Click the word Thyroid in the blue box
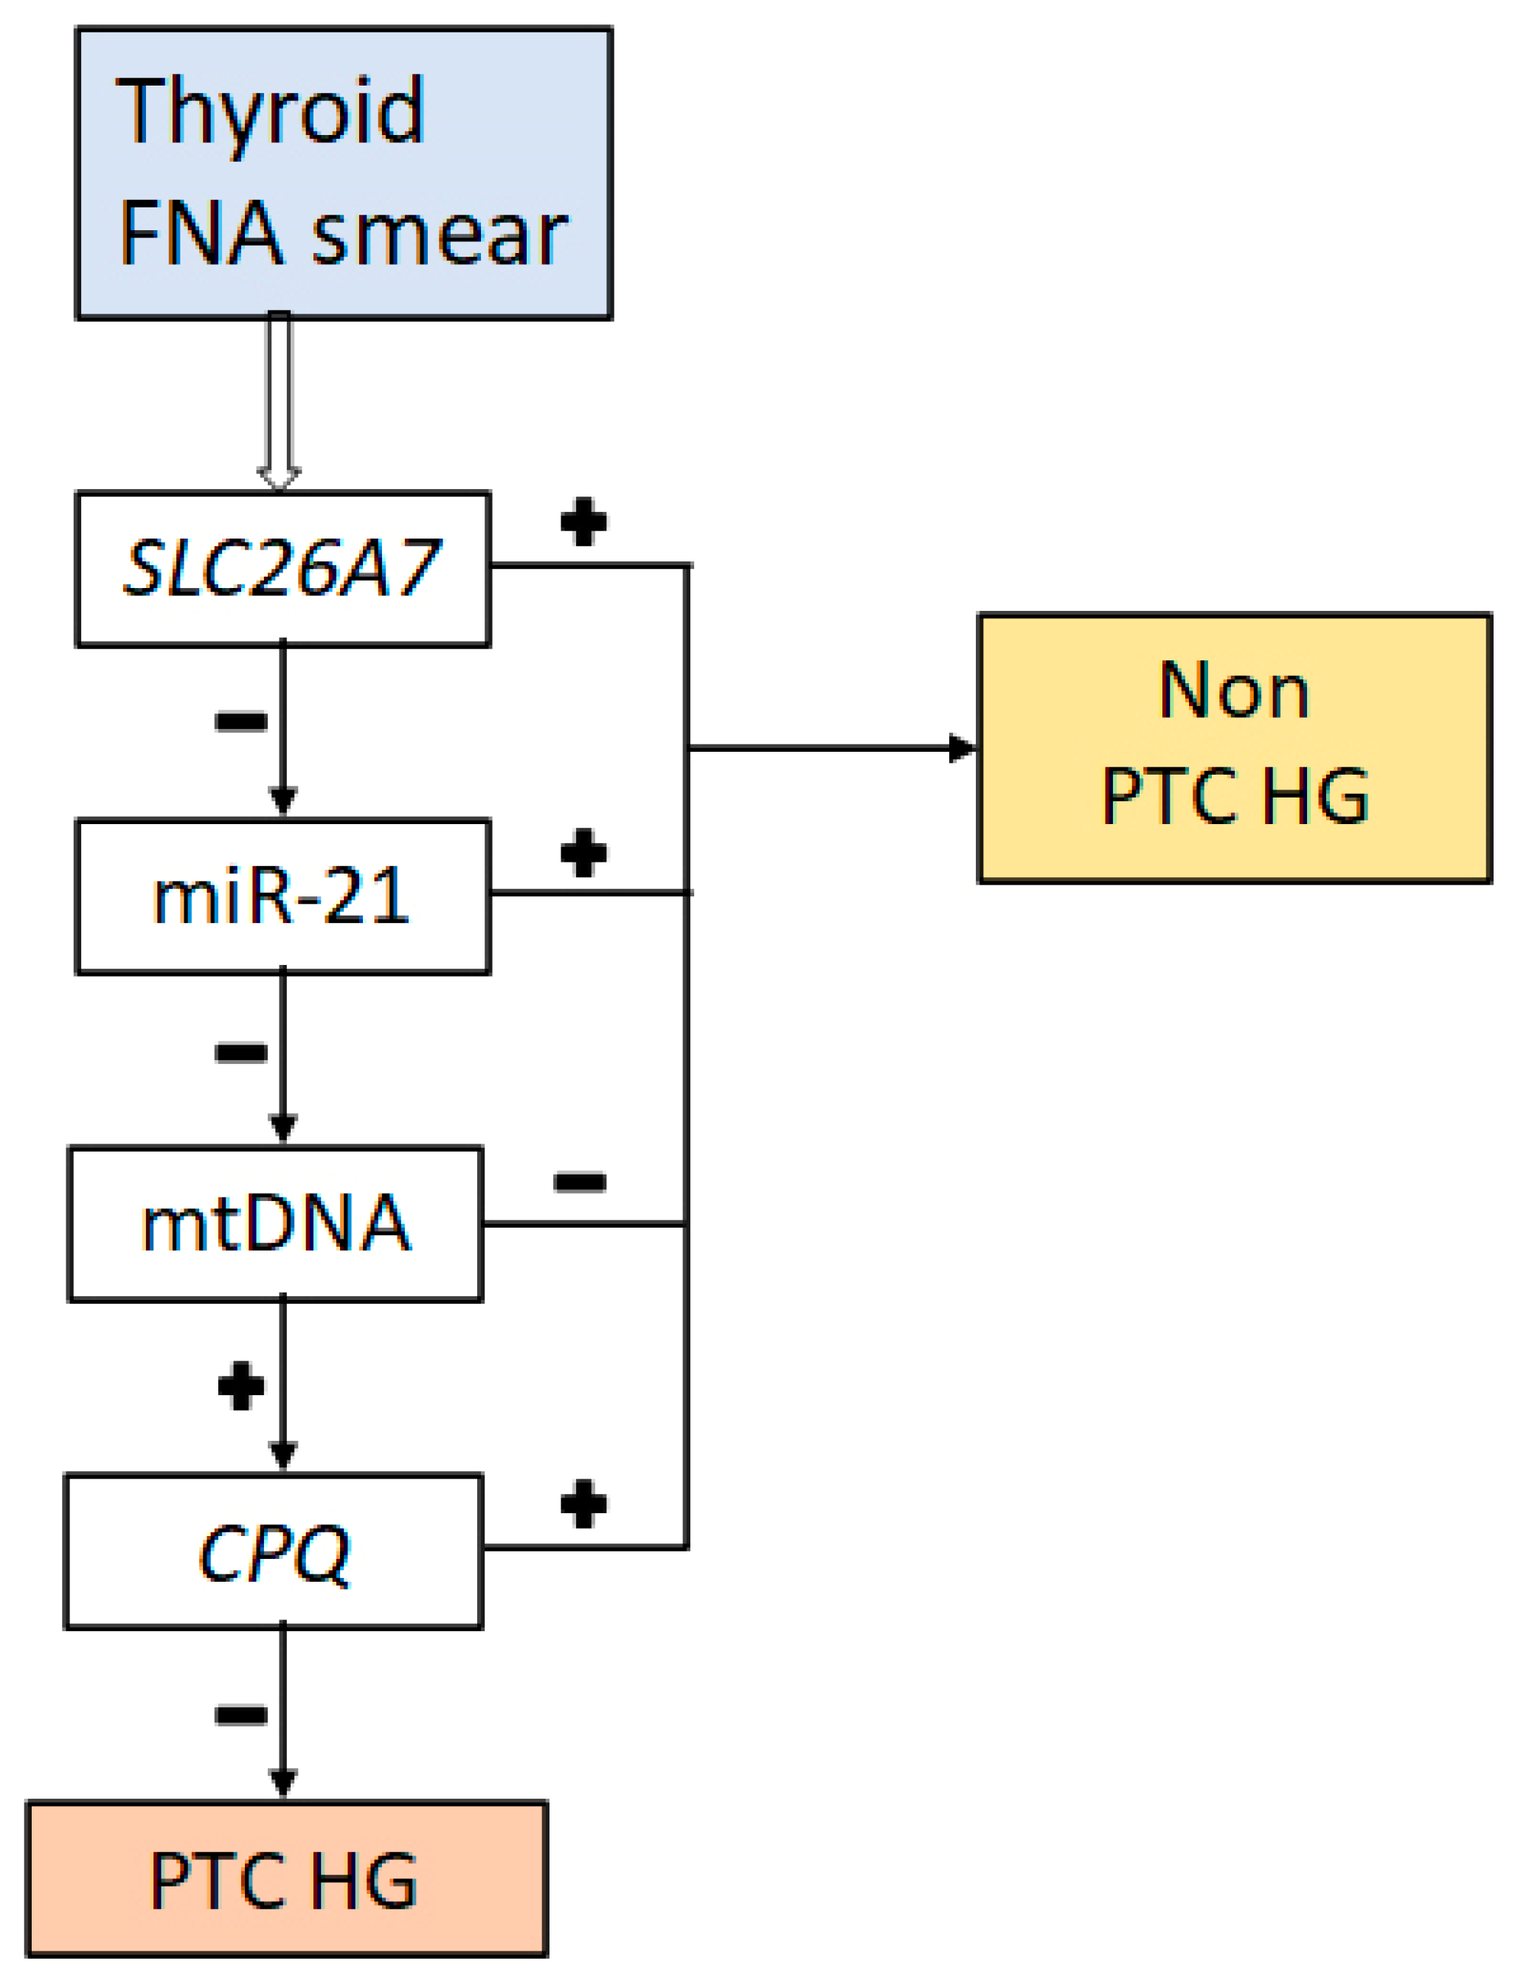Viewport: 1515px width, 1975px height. coord(271,113)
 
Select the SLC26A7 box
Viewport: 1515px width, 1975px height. coord(283,569)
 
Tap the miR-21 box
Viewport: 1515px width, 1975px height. coord(283,896)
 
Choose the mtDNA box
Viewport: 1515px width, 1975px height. coord(276,1224)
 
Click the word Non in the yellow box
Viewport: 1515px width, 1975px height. coord(1234,691)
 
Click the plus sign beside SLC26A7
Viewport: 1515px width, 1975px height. coord(583,522)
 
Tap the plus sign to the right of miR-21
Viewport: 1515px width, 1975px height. coord(583,852)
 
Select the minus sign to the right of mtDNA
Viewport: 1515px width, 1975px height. coord(580,1181)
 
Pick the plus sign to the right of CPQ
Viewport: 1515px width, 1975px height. coord(583,1504)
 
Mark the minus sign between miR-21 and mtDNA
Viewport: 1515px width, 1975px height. coord(240,1051)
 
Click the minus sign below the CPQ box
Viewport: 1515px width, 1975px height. coord(240,1715)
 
